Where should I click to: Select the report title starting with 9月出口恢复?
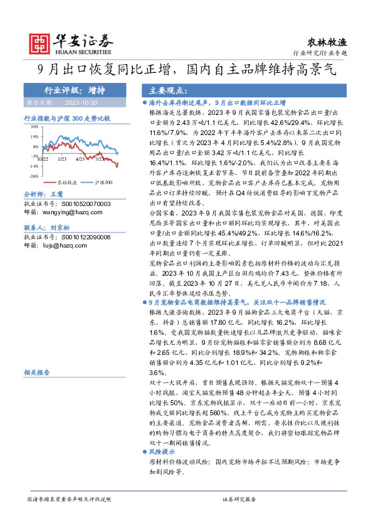(186, 70)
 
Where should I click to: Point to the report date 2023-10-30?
(79, 101)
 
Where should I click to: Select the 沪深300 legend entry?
(101, 182)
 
